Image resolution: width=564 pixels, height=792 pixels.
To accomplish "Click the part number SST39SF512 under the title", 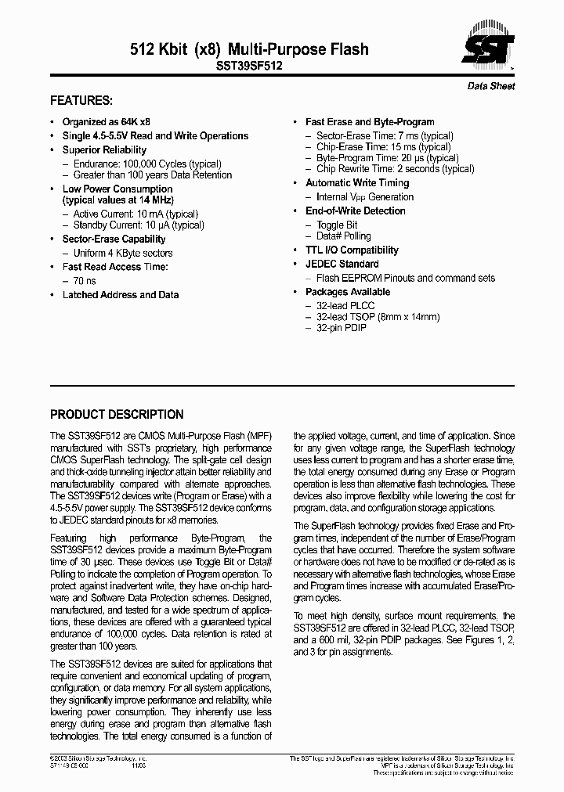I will (x=248, y=67).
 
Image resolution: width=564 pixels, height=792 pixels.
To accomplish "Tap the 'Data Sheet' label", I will (x=491, y=86).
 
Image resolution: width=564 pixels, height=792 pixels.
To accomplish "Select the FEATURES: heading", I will (x=81, y=101).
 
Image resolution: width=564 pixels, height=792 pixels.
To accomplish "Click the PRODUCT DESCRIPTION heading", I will (x=117, y=415).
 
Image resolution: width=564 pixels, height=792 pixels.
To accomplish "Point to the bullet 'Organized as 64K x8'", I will (x=107, y=122).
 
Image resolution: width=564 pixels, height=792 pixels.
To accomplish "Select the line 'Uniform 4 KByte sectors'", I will (x=122, y=253).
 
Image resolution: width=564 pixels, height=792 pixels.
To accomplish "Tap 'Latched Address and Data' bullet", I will (x=121, y=295).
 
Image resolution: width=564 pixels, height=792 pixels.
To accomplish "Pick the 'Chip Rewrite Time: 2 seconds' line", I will (x=395, y=168).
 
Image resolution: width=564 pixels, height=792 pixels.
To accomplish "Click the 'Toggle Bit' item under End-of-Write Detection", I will (x=337, y=225).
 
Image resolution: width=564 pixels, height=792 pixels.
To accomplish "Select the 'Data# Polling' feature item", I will (x=343, y=236).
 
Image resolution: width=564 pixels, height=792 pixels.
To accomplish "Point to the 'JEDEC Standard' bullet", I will (x=342, y=264).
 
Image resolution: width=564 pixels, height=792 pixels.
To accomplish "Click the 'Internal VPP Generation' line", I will (x=364, y=197).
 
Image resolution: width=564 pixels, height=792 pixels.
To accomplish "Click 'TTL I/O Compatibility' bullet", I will (x=352, y=250).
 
